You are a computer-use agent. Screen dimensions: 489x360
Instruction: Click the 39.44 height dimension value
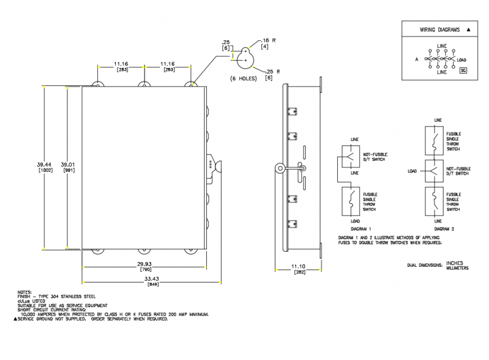[44, 164]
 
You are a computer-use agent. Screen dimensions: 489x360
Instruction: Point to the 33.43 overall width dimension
[152, 279]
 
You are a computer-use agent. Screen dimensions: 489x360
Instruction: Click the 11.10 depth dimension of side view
[298, 266]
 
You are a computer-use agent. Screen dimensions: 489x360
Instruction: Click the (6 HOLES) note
[243, 79]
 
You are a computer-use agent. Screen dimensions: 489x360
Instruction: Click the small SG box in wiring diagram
[464, 70]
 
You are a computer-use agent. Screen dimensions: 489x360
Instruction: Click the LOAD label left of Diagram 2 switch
[412, 171]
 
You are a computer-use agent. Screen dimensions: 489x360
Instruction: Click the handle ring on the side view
[279, 167]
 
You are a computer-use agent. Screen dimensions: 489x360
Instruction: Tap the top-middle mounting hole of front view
[144, 86]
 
